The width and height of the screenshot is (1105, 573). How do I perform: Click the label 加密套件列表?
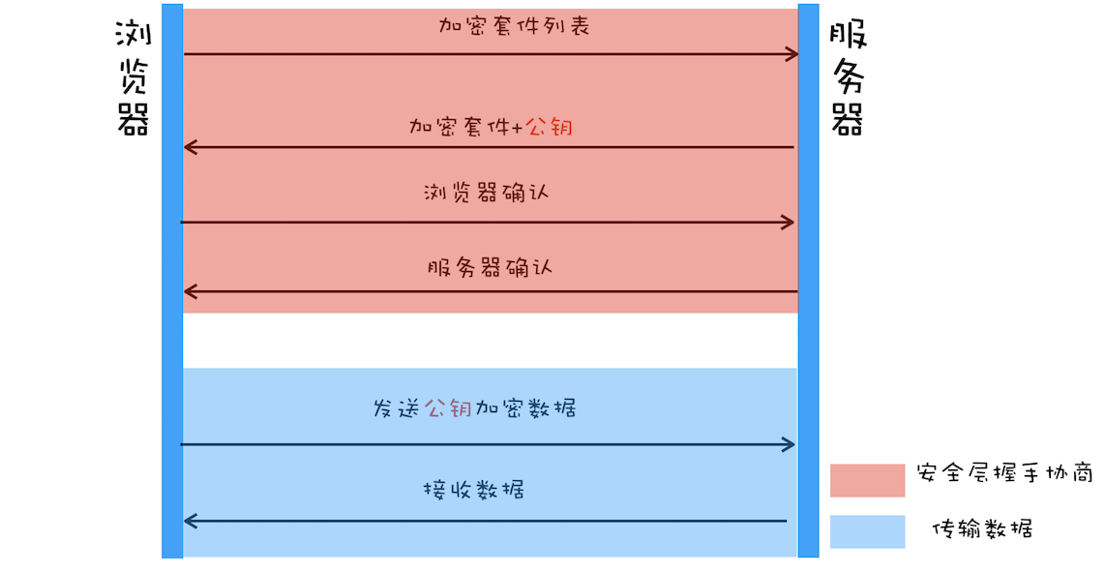coord(513,26)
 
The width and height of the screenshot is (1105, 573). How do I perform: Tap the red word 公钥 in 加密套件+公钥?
coord(548,126)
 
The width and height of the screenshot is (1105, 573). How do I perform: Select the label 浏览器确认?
coord(486,192)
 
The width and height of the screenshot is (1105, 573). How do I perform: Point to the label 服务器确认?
coord(489,266)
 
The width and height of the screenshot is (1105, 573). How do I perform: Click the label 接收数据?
coord(474,489)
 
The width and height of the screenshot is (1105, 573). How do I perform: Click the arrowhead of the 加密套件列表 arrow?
coord(791,54)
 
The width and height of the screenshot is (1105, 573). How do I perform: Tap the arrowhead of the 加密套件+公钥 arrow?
coord(191,147)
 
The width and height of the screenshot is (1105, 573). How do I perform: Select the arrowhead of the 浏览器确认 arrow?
coord(788,223)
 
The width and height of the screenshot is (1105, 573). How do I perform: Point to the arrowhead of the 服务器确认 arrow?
coord(191,291)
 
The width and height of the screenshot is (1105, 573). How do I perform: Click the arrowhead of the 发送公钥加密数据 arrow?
coord(789,444)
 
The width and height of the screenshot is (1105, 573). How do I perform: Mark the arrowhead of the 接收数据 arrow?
coord(191,522)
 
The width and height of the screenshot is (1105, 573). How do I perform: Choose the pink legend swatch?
coord(867,479)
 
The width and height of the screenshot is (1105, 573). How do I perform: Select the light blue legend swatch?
coord(867,531)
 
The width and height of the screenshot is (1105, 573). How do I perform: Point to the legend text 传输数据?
coord(981,529)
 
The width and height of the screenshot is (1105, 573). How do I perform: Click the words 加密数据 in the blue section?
coord(525,407)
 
